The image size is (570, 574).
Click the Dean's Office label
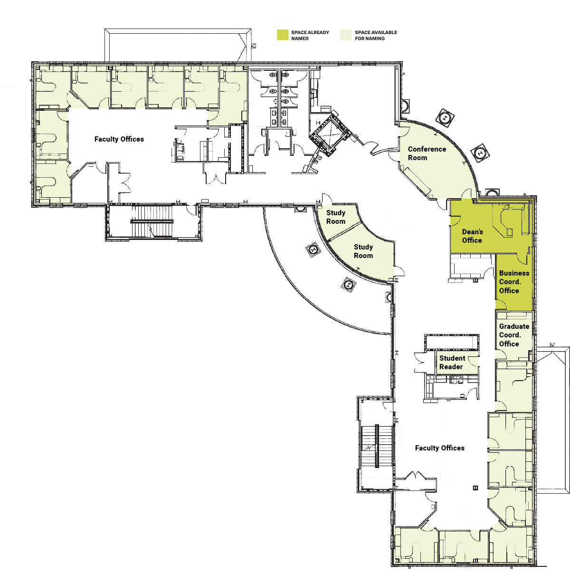tap(472, 236)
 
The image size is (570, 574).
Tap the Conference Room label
tap(427, 153)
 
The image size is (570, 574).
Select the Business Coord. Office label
tap(514, 282)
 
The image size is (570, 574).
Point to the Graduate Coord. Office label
tap(514, 335)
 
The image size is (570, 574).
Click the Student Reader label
tap(452, 363)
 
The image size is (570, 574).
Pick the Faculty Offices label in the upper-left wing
tap(119, 139)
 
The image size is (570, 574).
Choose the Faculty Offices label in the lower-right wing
tap(439, 448)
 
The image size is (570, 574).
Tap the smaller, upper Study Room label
tap(336, 217)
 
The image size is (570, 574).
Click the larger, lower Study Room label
tap(363, 251)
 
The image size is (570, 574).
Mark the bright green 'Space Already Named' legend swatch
tap(283, 35)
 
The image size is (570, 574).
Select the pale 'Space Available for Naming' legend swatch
tap(346, 35)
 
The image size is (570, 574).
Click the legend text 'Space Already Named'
tap(310, 35)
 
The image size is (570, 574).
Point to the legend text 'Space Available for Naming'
tap(376, 35)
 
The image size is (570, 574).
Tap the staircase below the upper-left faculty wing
tap(152, 221)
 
